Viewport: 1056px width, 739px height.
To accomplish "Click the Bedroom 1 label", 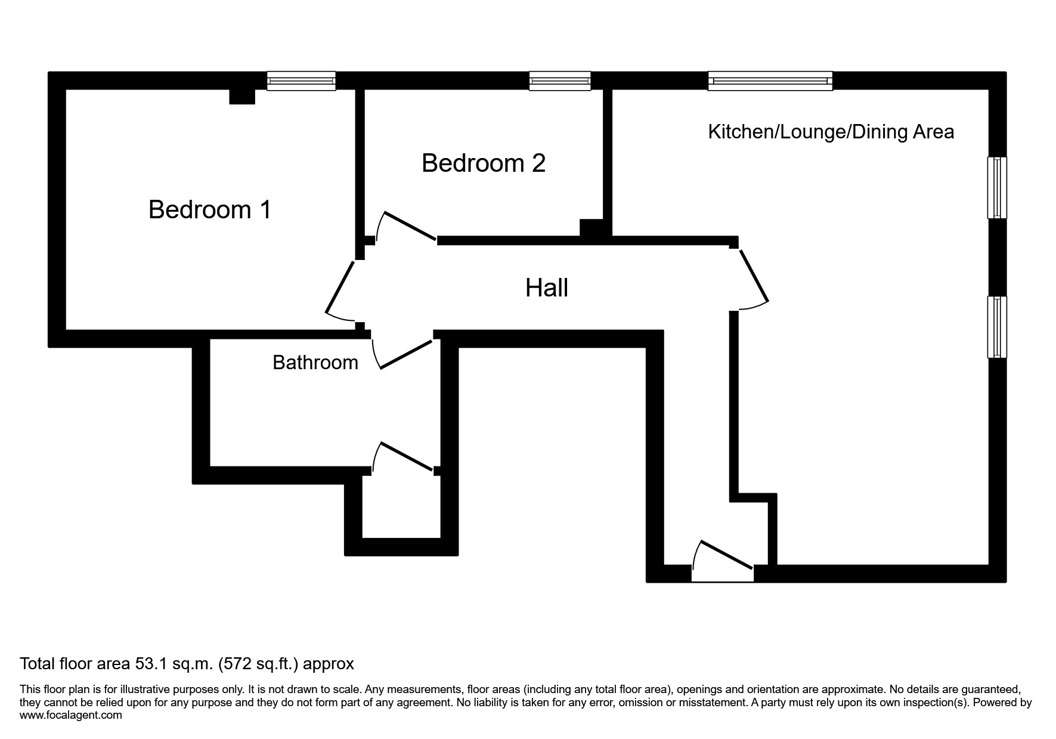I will (210, 210).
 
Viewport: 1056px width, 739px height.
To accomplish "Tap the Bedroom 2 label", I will (483, 163).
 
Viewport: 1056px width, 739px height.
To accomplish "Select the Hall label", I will (546, 288).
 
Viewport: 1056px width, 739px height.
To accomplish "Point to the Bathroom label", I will (315, 363).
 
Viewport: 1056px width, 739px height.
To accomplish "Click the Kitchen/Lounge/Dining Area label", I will (831, 132).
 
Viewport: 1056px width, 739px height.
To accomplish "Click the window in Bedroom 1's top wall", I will (301, 81).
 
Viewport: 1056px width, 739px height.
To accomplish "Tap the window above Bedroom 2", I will (559, 81).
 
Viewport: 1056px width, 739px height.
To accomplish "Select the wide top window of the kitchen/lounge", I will (770, 81).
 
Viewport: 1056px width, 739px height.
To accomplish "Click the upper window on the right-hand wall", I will (996, 187).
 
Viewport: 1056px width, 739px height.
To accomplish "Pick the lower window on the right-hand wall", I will (996, 327).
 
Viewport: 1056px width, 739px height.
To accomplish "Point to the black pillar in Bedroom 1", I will (242, 97).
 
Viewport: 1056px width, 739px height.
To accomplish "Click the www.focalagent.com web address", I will (71, 715).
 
